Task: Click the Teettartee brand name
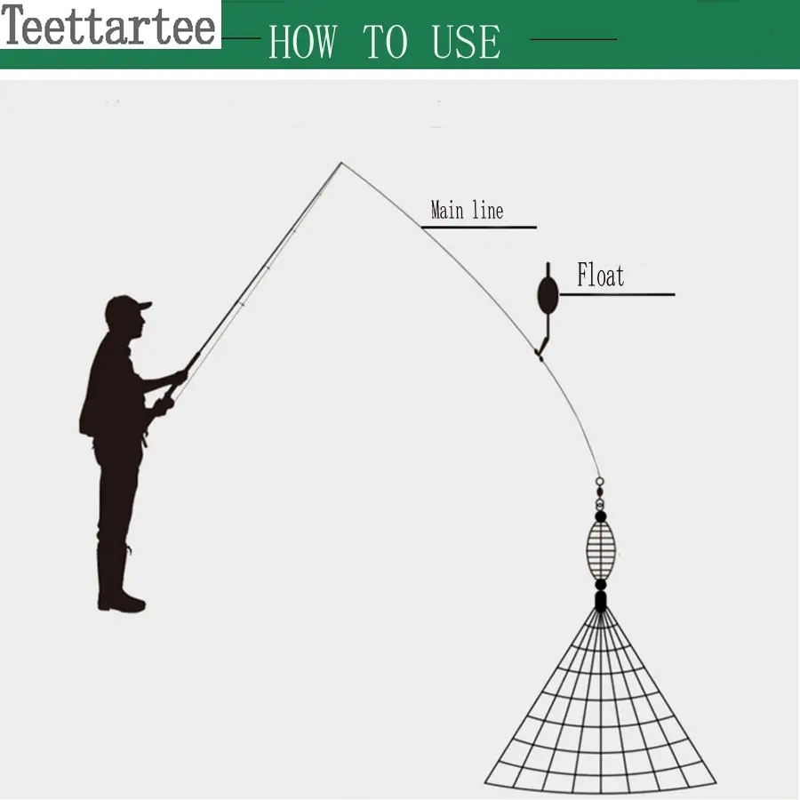pyautogui.click(x=108, y=25)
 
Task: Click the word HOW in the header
pyautogui.click(x=303, y=41)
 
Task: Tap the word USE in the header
pyautogui.click(x=466, y=41)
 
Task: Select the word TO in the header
pyautogui.click(x=385, y=41)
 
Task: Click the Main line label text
pyautogui.click(x=467, y=210)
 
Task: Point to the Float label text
pyautogui.click(x=601, y=276)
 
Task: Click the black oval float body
pyautogui.click(x=548, y=295)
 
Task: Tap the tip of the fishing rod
pyautogui.click(x=341, y=163)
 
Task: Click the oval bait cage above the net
pyautogui.click(x=601, y=550)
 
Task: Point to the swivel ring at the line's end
pyautogui.click(x=600, y=481)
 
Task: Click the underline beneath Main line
pyautogui.click(x=479, y=227)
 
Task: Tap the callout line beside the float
pyautogui.click(x=618, y=294)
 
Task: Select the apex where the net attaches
pyautogui.click(x=601, y=610)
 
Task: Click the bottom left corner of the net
pyautogui.click(x=484, y=781)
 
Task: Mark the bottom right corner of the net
pyautogui.click(x=716, y=782)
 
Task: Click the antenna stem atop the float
pyautogui.click(x=548, y=269)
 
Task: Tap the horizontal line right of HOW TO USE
pyautogui.click(x=573, y=39)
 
